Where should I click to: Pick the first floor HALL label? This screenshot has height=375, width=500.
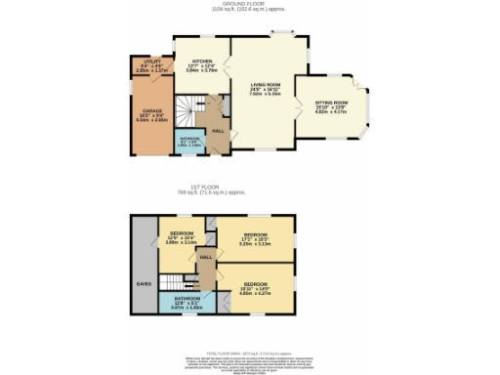point(206,257)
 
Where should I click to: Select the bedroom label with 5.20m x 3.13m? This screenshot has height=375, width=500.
point(255,239)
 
